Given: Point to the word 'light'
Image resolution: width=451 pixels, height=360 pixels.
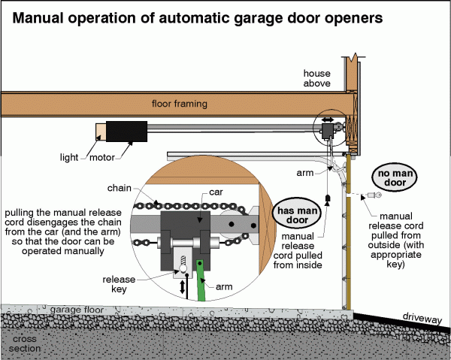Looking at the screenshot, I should pyautogui.click(x=69, y=158).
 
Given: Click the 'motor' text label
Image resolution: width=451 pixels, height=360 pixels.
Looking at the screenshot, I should pyautogui.click(x=103, y=158).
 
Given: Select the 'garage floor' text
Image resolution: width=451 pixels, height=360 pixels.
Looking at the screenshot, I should pyautogui.click(x=74, y=309).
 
